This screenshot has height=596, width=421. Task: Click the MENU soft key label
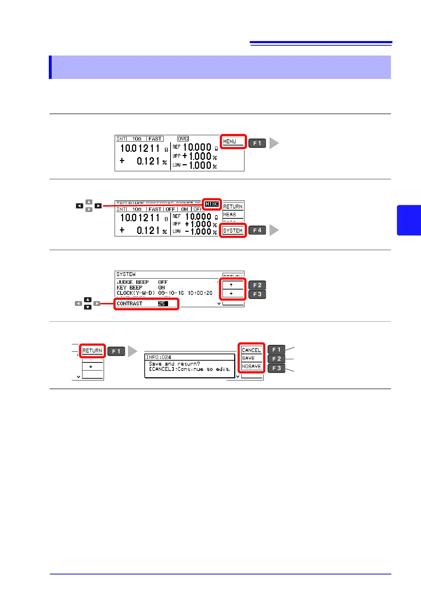click(x=230, y=142)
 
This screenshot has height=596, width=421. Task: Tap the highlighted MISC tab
click(x=212, y=204)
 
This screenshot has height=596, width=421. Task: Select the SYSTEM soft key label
click(x=233, y=231)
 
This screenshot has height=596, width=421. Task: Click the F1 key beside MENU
click(x=257, y=143)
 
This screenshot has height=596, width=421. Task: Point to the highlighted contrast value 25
click(x=163, y=304)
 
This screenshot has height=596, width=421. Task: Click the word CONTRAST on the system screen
click(x=129, y=304)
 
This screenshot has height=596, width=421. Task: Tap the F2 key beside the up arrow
click(x=257, y=285)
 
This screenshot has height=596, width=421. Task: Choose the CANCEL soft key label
click(x=251, y=350)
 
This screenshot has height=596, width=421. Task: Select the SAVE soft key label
click(x=248, y=358)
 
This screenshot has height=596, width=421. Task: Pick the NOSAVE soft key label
click(x=251, y=366)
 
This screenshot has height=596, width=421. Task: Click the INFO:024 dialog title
click(x=158, y=357)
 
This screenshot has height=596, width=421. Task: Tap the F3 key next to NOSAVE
click(x=276, y=368)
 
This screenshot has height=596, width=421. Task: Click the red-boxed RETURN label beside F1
click(x=92, y=351)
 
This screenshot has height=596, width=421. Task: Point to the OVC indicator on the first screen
click(x=183, y=139)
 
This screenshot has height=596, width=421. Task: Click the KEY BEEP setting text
click(x=129, y=288)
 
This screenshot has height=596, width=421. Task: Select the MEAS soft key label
click(x=230, y=214)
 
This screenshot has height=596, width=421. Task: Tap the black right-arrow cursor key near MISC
click(x=98, y=206)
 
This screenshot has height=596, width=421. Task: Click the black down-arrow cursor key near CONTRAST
click(x=88, y=307)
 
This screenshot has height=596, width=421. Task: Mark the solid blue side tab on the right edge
click(x=409, y=220)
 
